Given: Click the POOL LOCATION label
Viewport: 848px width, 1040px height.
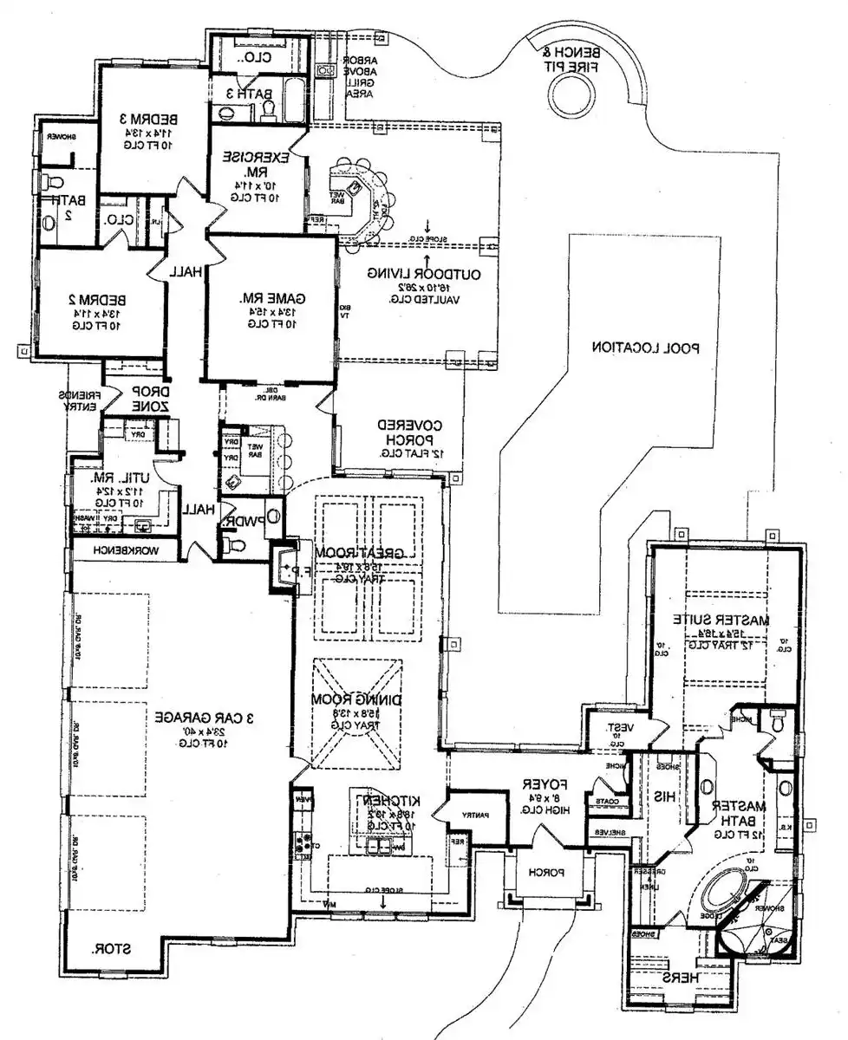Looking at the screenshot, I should pos(645,348).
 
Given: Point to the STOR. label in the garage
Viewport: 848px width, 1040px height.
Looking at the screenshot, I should pos(112,950).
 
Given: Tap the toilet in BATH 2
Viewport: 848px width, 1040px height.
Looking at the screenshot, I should pos(55,185).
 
